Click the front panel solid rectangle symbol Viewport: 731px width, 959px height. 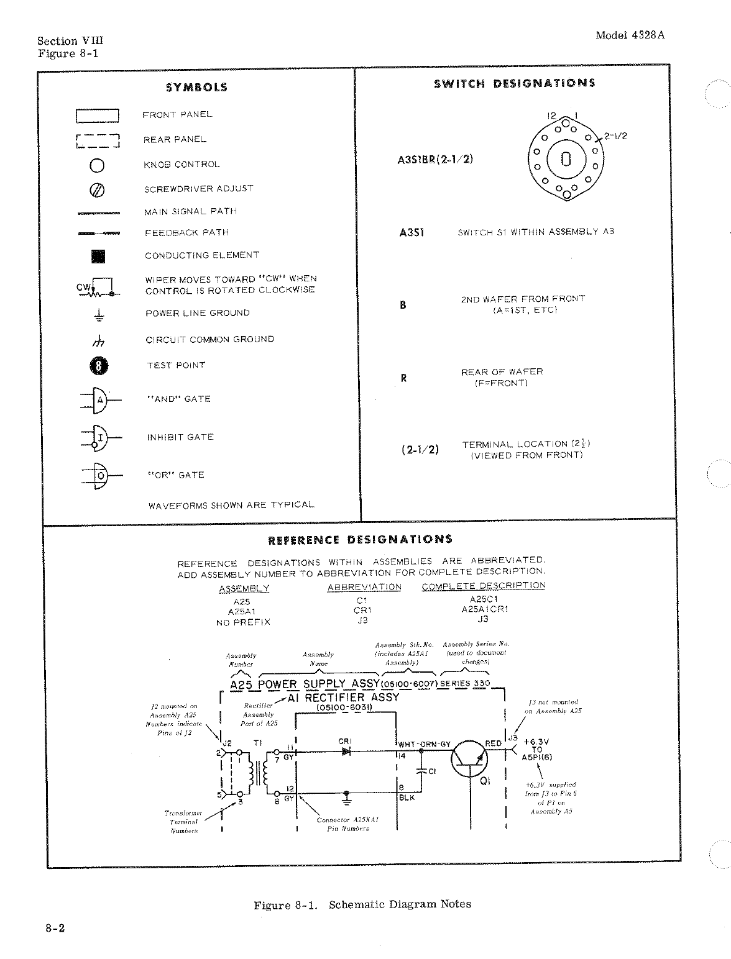coord(97,116)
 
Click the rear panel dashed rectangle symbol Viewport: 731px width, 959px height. coord(97,141)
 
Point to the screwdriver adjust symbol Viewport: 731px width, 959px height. coord(99,189)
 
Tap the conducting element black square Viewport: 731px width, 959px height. coord(99,256)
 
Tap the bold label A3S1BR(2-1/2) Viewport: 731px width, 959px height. coord(435,159)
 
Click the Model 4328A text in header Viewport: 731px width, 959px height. coord(630,35)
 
